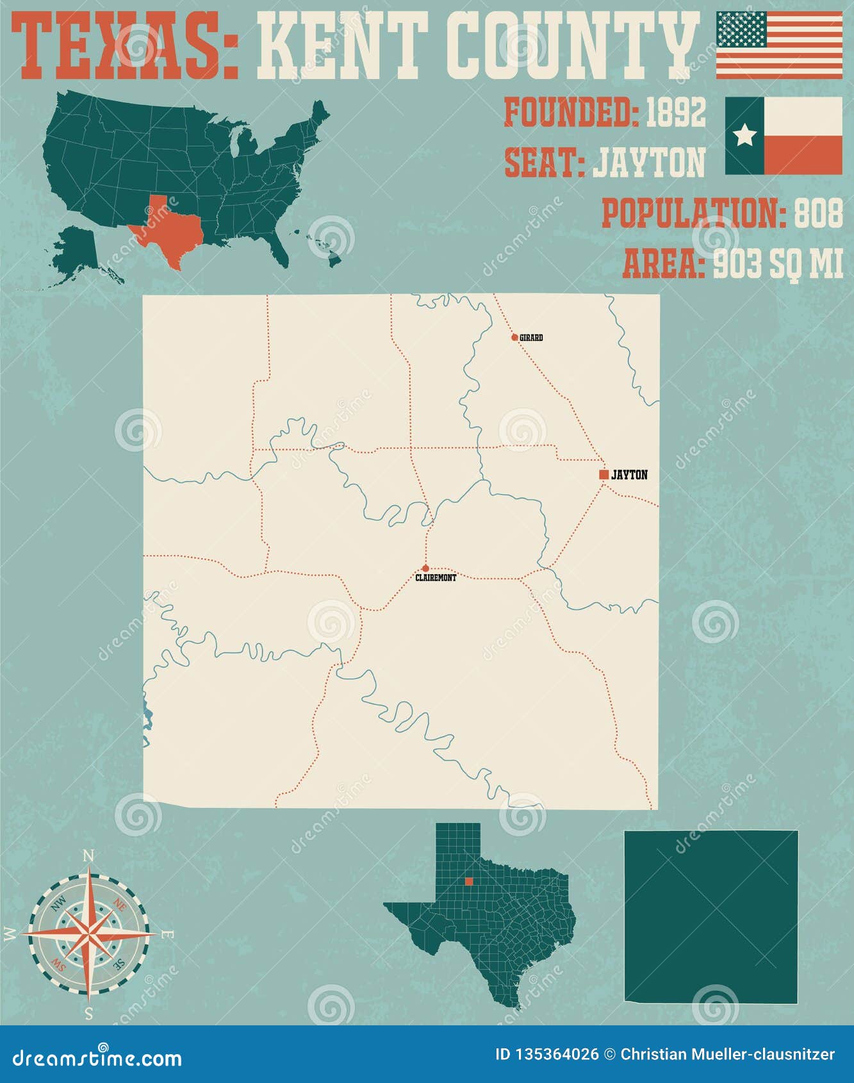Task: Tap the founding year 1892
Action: pyautogui.click(x=675, y=113)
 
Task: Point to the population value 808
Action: pyautogui.click(x=819, y=214)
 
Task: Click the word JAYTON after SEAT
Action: pyautogui.click(x=648, y=163)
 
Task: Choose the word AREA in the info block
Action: pyautogui.click(x=662, y=264)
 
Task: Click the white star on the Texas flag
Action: pyautogui.click(x=744, y=135)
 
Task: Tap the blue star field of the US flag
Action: pyautogui.click(x=741, y=29)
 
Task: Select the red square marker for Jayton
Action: pyautogui.click(x=604, y=475)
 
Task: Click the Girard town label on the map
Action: pyautogui.click(x=531, y=338)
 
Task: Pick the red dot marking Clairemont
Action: pyautogui.click(x=425, y=568)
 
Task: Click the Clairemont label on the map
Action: pyautogui.click(x=436, y=578)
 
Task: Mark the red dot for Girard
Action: pyautogui.click(x=514, y=337)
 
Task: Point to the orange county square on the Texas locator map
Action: pyautogui.click(x=469, y=881)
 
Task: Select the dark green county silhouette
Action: pyautogui.click(x=711, y=916)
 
